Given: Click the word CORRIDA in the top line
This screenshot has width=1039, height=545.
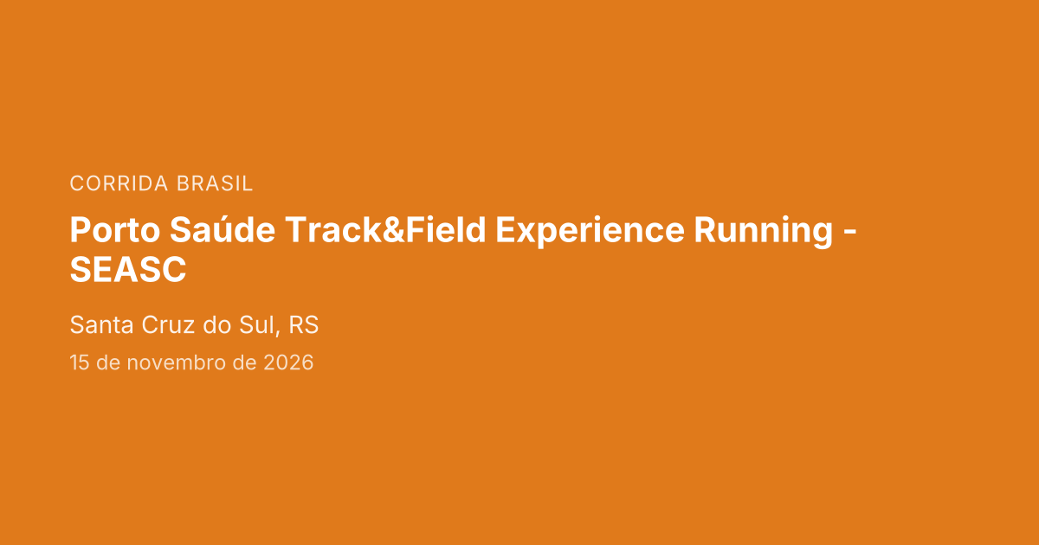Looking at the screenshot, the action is coord(119,183).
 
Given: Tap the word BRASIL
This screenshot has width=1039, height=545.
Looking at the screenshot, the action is coord(215,183).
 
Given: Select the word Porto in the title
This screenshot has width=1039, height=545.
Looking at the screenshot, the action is coord(114,230).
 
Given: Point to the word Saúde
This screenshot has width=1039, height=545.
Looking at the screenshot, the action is coord(223,229).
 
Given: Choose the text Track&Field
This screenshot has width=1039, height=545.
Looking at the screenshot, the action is coord(385,229).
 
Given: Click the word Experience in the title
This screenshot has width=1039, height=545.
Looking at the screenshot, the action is coord(590,231).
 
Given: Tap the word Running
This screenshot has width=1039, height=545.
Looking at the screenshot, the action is coord(764,231).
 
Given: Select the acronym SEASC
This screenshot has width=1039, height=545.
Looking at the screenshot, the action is coord(128,270).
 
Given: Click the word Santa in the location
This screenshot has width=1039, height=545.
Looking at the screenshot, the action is coord(101,324).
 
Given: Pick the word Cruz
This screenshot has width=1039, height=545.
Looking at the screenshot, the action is coord(168,324).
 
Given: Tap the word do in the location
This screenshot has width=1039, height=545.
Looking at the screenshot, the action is coord(217,324).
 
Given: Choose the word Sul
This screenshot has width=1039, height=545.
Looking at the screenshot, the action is coord(257,324).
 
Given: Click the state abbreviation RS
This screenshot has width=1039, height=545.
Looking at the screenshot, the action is coord(303,324).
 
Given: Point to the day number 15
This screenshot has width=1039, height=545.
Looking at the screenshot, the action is coord(80,362).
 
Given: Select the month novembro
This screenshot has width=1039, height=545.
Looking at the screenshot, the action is coord(177,362).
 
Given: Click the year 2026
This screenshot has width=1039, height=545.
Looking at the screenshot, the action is coord(288,362).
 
